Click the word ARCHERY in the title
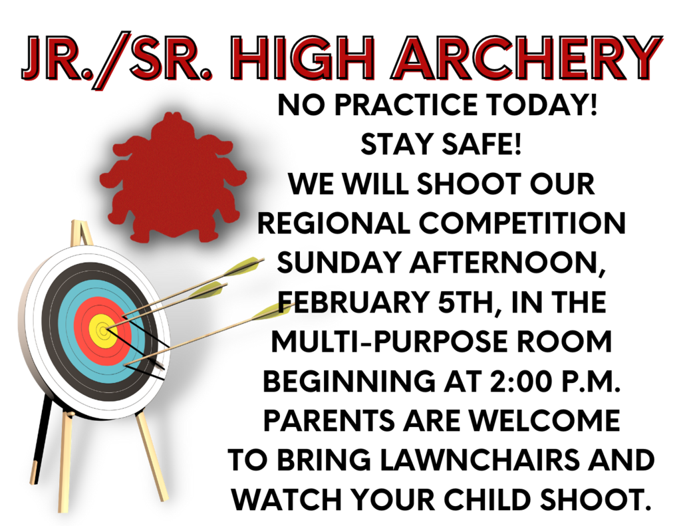[527, 59]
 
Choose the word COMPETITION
[522, 223]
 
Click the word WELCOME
[545, 421]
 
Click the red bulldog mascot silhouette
[174, 178]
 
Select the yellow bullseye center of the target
[103, 331]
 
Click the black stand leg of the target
[43, 439]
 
